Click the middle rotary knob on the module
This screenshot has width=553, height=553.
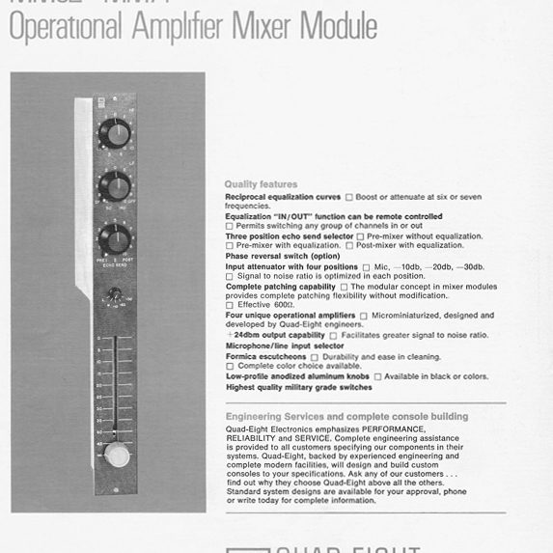point(113,184)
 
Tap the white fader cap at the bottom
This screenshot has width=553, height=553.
point(116,455)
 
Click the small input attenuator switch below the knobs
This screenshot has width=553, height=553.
point(115,293)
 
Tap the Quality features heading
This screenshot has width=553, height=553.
point(261,183)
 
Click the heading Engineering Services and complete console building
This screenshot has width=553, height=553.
point(346,416)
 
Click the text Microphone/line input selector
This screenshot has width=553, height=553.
point(284,346)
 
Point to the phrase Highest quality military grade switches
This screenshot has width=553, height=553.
point(298,387)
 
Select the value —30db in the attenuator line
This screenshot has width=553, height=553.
point(472,266)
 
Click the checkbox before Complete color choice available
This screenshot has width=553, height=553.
point(229,367)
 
